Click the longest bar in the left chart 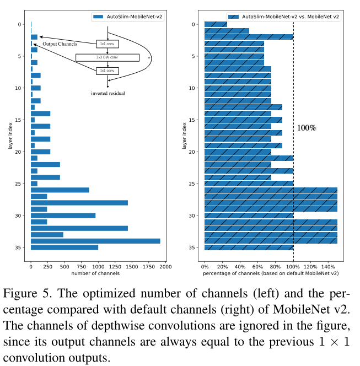(x=95, y=241)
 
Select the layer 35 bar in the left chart (x=65, y=247)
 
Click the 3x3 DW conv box (x=107, y=57)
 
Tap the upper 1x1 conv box (x=107, y=44)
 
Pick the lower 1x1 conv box (x=107, y=71)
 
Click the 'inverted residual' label (x=108, y=94)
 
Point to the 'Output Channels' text (x=60, y=44)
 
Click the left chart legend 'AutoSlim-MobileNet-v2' (x=128, y=17)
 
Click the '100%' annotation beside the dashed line (x=307, y=128)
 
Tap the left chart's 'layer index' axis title (x=11, y=136)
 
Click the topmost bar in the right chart (x=216, y=24)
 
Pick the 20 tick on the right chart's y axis (x=192, y=152)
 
